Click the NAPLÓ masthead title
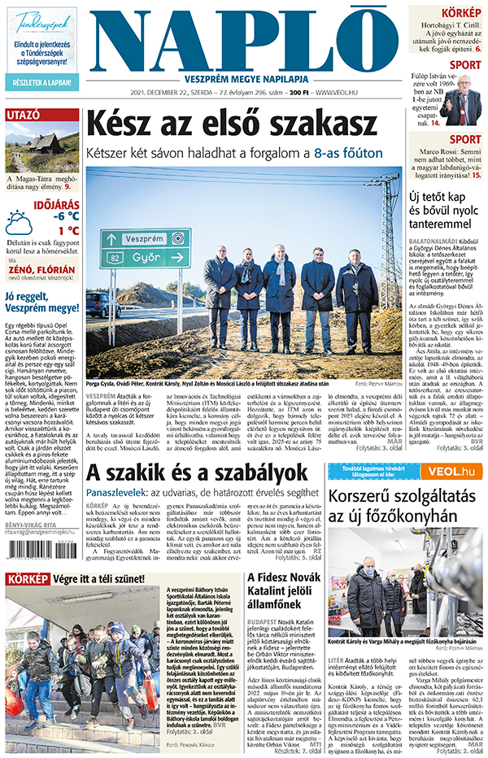click(x=244, y=39)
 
